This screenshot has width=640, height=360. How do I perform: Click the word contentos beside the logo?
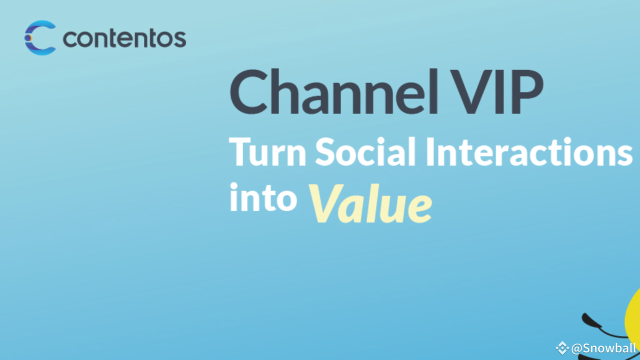click(x=124, y=38)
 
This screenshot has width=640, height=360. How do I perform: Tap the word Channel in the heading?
click(x=333, y=91)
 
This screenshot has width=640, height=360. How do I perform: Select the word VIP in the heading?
click(x=497, y=91)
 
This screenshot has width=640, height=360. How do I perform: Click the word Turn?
click(x=267, y=151)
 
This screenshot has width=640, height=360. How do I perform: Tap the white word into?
click(x=263, y=197)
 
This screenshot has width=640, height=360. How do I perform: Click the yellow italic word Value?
click(x=370, y=203)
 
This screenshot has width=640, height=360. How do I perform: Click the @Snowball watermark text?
click(x=603, y=348)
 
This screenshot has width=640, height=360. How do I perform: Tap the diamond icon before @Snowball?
click(x=562, y=348)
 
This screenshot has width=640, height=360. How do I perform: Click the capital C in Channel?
click(x=248, y=91)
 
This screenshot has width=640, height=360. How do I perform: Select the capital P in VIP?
click(x=527, y=91)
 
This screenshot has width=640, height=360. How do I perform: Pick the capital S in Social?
click(x=325, y=151)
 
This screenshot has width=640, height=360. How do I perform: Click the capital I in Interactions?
click(x=430, y=151)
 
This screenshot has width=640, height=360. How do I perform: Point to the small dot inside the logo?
click(x=27, y=37)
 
